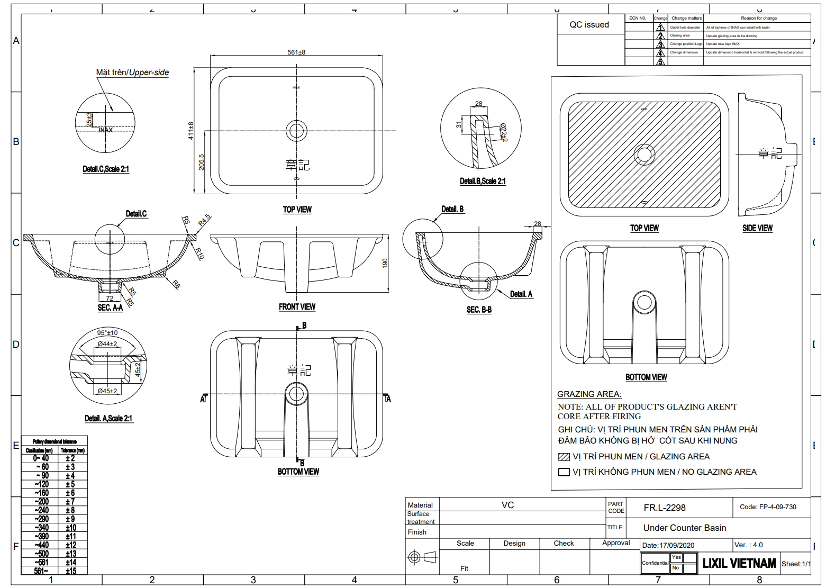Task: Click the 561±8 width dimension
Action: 296,52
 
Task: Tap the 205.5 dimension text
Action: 201,162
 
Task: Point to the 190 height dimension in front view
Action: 385,263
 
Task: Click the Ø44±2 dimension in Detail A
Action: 107,344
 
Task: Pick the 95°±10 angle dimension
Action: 107,333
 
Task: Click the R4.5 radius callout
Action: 204,220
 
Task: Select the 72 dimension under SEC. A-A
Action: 110,298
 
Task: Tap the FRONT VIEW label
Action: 297,307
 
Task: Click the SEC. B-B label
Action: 479,310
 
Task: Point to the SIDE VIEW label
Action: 757,228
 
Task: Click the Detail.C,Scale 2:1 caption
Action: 106,169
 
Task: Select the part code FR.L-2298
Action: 664,508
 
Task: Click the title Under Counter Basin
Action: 684,528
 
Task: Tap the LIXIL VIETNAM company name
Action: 739,564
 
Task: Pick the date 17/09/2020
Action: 668,545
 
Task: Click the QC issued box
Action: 589,25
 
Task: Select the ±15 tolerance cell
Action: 70,571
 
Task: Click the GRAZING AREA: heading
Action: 589,394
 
